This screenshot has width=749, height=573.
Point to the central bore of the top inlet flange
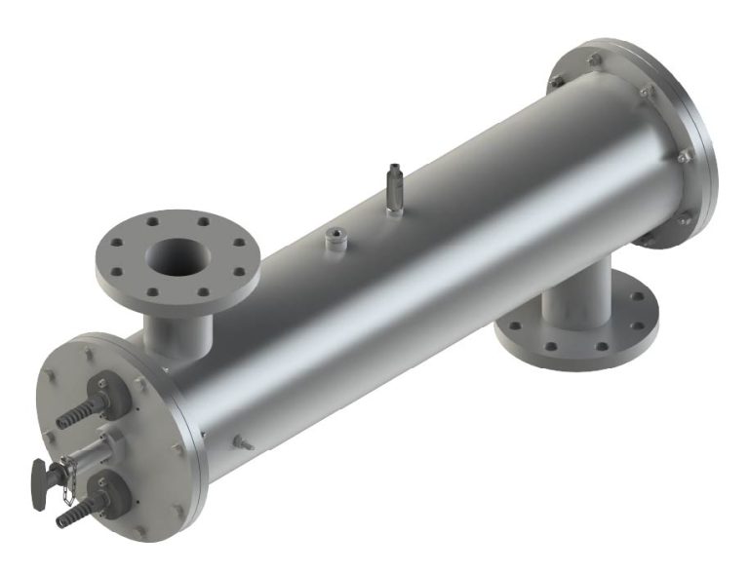click(178, 256)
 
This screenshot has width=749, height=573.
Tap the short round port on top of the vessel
click(336, 236)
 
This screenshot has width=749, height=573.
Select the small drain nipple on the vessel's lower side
click(241, 443)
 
